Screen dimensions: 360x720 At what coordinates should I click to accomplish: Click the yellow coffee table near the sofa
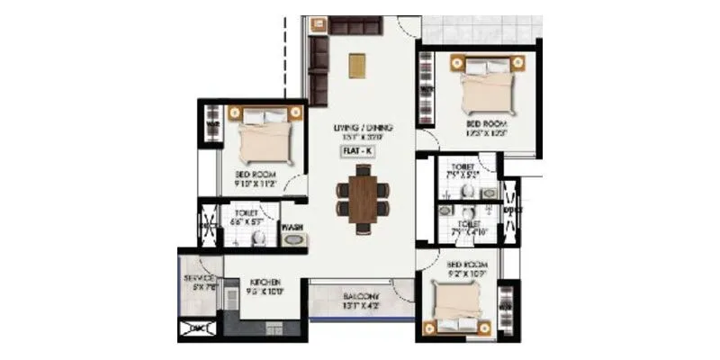click(358, 66)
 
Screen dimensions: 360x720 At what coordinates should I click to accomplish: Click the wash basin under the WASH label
click(294, 240)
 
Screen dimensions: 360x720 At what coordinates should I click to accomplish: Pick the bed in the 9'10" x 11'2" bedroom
click(265, 136)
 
